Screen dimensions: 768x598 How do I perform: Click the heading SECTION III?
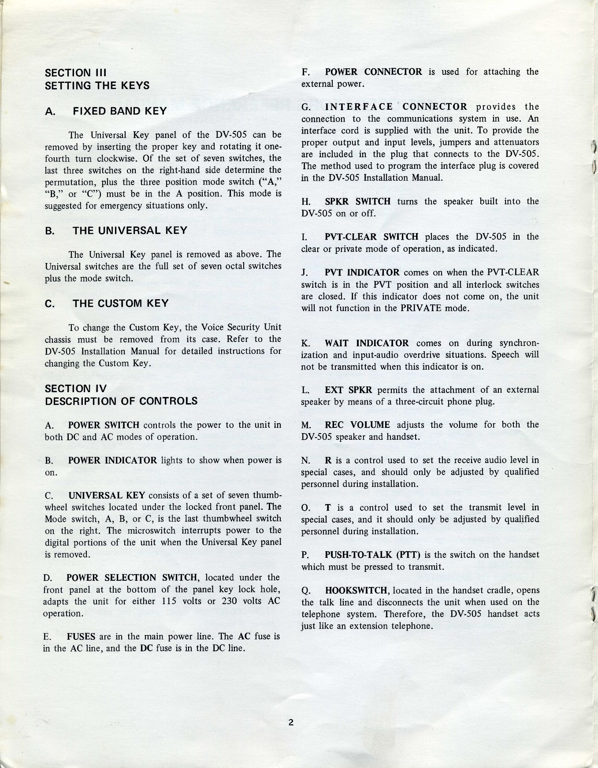point(76,73)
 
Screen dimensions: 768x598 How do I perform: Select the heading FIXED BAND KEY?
point(120,111)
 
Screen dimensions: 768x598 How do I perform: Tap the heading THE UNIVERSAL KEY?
point(130,231)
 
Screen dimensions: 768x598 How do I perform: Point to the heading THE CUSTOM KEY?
point(120,303)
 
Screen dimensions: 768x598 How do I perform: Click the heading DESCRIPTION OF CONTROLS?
point(121,401)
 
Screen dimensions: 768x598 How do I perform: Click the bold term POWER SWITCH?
point(104,425)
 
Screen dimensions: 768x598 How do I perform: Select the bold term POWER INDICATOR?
point(112,460)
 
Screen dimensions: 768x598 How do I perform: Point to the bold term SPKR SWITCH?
point(357,201)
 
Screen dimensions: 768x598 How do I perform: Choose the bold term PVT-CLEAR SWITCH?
point(371,237)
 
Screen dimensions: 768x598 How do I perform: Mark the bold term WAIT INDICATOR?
point(367,343)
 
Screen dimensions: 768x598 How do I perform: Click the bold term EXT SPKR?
point(348,390)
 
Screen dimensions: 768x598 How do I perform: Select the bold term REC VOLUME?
point(357,425)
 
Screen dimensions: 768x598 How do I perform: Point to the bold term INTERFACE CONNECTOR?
point(396,107)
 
